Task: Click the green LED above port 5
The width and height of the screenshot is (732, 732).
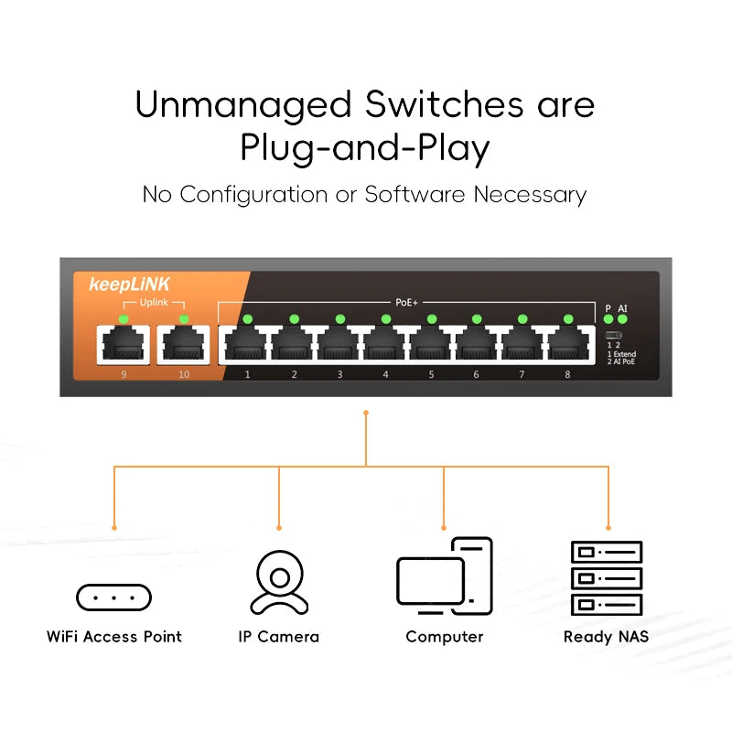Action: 431,318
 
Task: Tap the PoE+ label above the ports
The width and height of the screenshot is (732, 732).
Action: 406,301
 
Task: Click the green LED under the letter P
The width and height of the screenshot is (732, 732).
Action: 608,319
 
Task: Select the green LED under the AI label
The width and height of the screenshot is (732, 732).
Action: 623,319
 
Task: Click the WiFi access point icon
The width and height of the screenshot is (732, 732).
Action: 113,597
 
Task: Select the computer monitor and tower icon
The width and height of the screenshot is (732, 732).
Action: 444,576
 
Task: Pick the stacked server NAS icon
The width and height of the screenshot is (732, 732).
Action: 607,577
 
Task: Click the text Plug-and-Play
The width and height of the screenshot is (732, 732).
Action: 365,148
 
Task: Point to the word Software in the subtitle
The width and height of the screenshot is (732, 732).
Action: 415,195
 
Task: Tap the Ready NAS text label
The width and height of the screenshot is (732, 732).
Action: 606,637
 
